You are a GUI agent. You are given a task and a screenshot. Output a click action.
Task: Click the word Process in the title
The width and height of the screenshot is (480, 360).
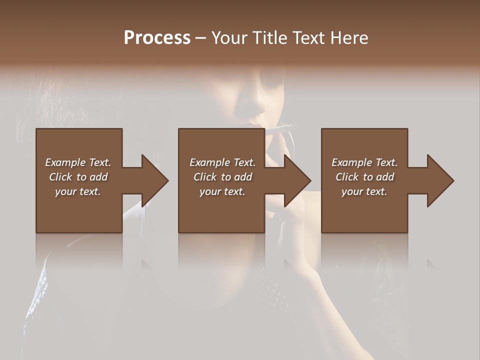[x=157, y=37]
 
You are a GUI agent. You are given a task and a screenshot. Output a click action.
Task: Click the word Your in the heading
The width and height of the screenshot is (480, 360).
[x=230, y=37]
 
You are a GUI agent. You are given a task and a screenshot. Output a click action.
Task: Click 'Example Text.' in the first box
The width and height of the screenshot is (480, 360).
[x=78, y=162]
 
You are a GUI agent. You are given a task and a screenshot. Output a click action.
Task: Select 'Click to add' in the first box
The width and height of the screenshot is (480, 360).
[x=78, y=177]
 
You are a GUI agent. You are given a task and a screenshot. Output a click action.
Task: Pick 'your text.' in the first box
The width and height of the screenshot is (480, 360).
[x=78, y=191]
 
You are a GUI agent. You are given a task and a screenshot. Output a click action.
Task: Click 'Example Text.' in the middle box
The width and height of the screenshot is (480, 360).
[x=222, y=162]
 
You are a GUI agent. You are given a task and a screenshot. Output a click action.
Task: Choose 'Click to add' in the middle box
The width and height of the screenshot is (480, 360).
[x=222, y=177]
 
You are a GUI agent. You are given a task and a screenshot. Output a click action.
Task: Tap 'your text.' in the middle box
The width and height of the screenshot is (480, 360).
[x=222, y=191]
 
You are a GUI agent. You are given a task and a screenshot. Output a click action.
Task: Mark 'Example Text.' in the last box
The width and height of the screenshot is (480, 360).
[x=364, y=162]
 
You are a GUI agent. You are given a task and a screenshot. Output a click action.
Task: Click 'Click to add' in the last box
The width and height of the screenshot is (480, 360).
[x=364, y=177]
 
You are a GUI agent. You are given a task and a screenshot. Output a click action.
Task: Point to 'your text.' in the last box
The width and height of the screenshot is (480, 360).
[x=364, y=191]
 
